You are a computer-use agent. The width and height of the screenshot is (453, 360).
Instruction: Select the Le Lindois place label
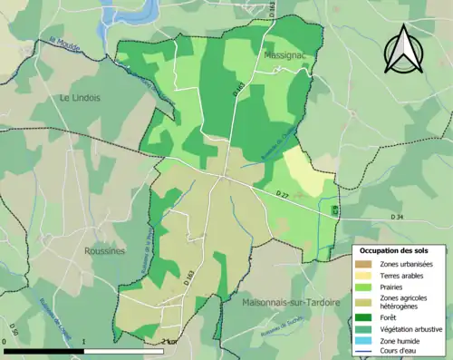click(x=79, y=97)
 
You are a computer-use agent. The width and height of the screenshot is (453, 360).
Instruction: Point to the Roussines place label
click(x=104, y=251)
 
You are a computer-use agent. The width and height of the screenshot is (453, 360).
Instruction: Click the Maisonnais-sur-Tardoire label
click(x=291, y=302)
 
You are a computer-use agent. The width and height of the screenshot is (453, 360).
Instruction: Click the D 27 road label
click(x=284, y=194)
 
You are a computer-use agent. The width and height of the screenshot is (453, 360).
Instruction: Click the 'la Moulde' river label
click(x=65, y=43)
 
